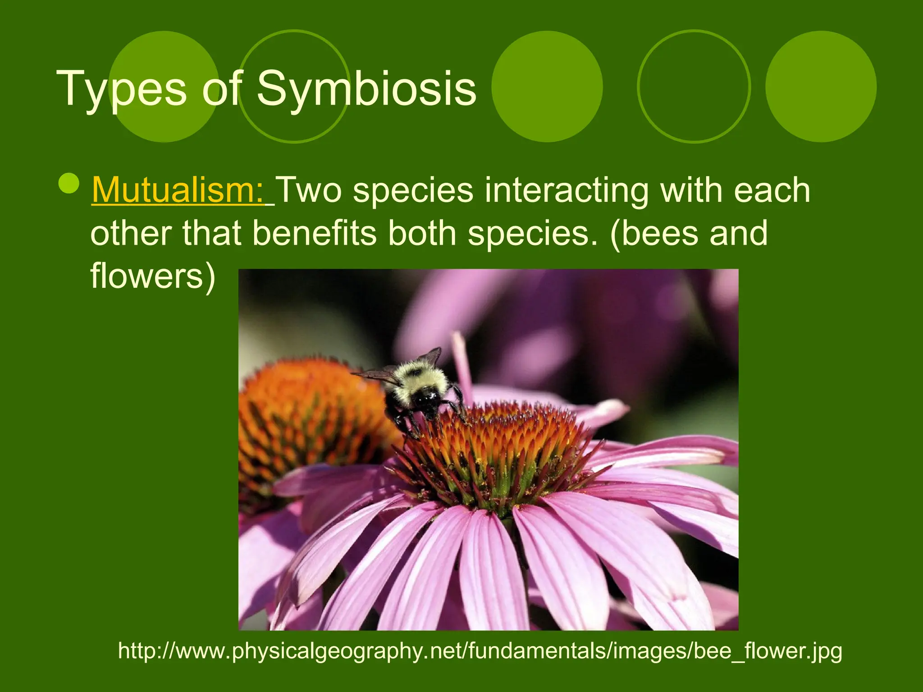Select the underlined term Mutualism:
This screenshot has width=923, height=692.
pos(178,190)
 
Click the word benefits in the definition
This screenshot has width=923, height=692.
pos(314,233)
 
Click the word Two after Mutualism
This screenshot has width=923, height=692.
pos(310,190)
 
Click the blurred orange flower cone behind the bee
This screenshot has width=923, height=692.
pos(306,414)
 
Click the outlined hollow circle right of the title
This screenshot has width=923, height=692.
pos(694,86)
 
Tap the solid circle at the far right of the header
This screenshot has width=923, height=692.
pos(821,86)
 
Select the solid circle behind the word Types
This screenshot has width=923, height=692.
pos(164,86)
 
